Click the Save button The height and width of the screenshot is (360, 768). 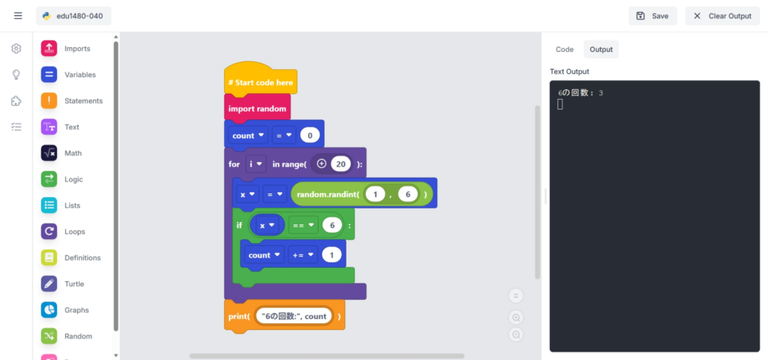tap(652, 16)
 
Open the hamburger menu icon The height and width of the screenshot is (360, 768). tap(18, 16)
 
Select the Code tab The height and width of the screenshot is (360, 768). tap(564, 49)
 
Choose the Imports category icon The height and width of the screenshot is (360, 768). tap(49, 49)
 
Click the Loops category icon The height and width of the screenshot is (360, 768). tap(49, 232)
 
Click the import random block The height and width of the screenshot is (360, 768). tap(257, 109)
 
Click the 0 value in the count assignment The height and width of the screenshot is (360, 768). tap(310, 136)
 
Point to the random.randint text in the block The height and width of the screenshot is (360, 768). tap(328, 194)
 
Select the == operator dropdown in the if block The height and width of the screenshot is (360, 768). tap(301, 225)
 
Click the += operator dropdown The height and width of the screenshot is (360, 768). tap(303, 255)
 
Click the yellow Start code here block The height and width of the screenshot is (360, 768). tap(260, 82)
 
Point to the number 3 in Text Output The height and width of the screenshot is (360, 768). tap(601, 93)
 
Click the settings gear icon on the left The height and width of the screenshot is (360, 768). tap(16, 49)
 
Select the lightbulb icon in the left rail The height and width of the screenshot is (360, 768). tap(16, 75)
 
